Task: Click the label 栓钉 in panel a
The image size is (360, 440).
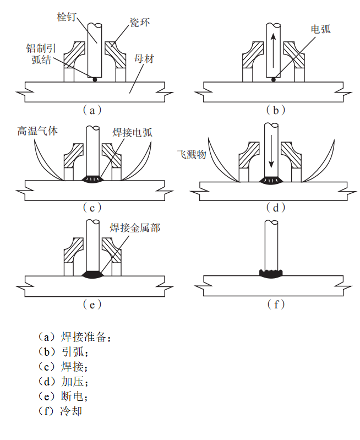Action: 67,16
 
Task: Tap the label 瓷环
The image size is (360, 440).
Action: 140,23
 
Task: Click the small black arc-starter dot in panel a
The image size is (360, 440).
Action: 95,80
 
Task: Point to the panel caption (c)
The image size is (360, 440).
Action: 92,207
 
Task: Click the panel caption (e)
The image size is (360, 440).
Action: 92,304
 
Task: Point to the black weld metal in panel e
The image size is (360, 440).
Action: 92,273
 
